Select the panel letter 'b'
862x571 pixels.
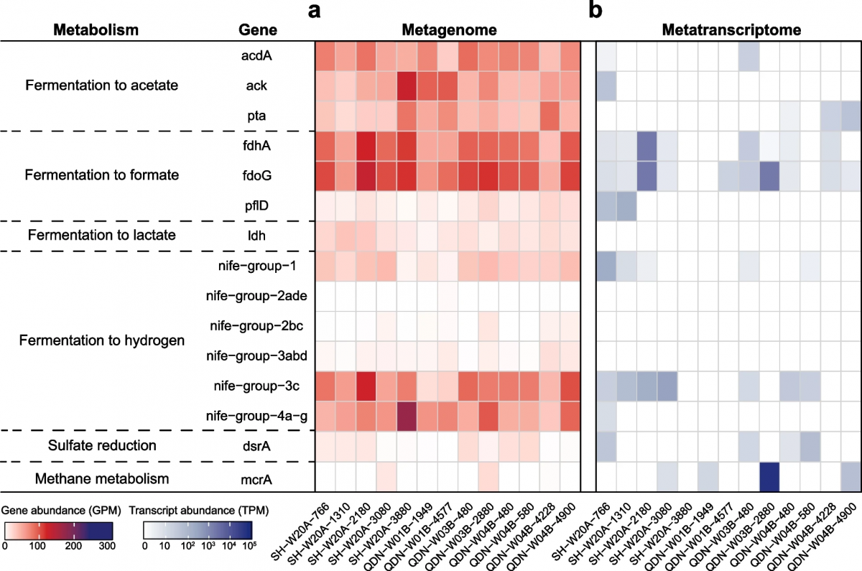pyautogui.click(x=595, y=11)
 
